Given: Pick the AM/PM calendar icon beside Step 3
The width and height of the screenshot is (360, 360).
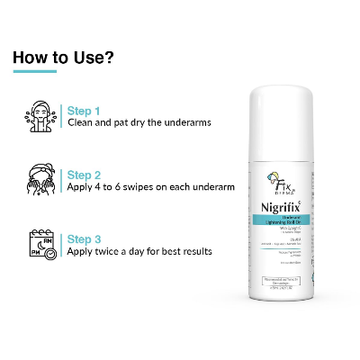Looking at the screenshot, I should pyautogui.click(x=39, y=246).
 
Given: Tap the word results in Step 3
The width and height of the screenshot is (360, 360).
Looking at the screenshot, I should pyautogui.click(x=191, y=252).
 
